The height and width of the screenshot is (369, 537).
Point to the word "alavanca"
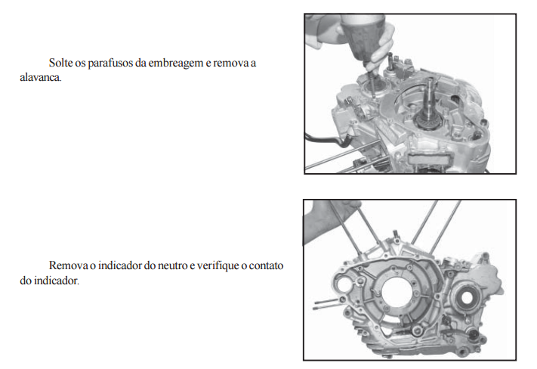coord(41,77)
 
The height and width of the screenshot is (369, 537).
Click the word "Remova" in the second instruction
coord(68,265)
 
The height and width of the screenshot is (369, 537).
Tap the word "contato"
coord(266,266)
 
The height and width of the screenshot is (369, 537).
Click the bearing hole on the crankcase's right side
coord(467,298)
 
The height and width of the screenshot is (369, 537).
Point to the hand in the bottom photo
coord(326,222)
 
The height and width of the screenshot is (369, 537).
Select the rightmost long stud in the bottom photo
coord(445,227)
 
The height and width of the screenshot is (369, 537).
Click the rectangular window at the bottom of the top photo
coord(429,159)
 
